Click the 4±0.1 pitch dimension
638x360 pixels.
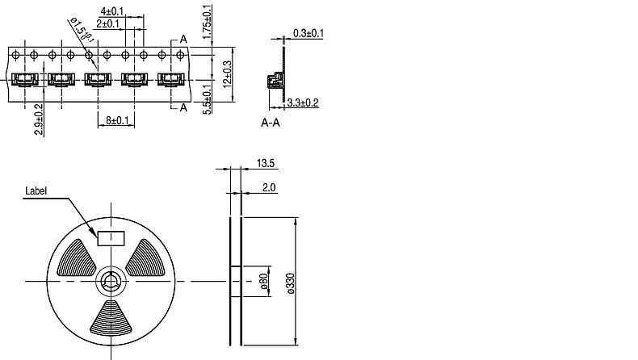coord(112,11)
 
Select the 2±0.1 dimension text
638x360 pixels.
coord(108,24)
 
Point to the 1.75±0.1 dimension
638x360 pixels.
coord(207,22)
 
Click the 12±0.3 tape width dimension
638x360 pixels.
coord(228,74)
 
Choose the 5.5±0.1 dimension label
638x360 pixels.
coord(207,99)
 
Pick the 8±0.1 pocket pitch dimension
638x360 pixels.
coord(117,120)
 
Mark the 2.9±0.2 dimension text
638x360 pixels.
coord(39,119)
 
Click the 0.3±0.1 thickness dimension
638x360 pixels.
coord(309,33)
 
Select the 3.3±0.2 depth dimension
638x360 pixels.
coord(303,103)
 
